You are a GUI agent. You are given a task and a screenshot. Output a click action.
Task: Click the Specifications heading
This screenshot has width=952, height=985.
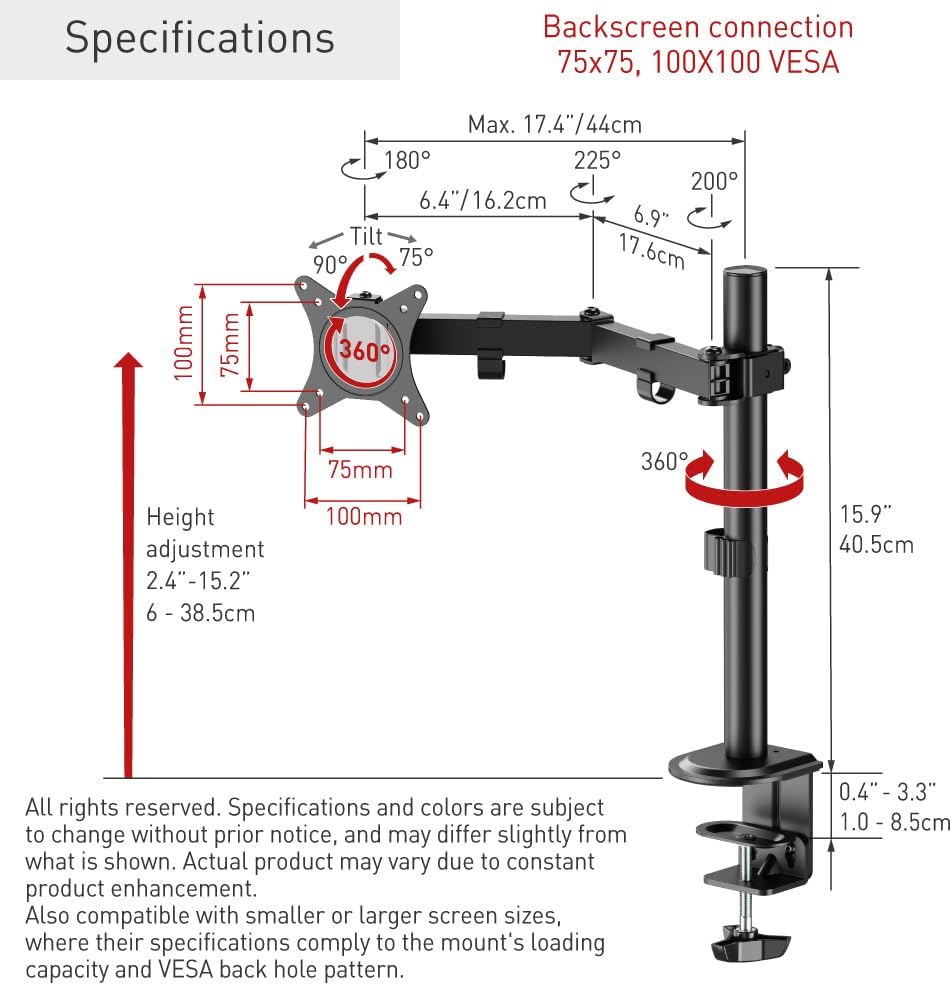tap(200, 39)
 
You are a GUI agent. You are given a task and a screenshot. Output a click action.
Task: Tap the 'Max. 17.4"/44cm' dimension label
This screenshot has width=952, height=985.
tap(555, 124)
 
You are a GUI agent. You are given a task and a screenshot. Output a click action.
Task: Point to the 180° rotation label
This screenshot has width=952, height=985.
tap(407, 160)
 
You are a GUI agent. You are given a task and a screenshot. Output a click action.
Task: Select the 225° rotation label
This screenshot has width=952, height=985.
tap(597, 160)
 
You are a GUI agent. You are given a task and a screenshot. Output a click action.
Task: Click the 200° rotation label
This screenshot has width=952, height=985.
tap(714, 182)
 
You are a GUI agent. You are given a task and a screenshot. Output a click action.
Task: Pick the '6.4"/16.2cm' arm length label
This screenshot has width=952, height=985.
tap(483, 200)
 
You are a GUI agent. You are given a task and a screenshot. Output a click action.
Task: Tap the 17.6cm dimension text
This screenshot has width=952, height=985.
tap(652, 251)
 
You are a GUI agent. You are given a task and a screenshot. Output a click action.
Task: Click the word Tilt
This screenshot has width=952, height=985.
tap(366, 236)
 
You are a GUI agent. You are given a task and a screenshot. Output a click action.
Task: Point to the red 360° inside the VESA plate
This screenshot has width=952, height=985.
tap(364, 350)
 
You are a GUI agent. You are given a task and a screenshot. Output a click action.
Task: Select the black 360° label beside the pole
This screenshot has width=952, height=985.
tap(664, 462)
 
